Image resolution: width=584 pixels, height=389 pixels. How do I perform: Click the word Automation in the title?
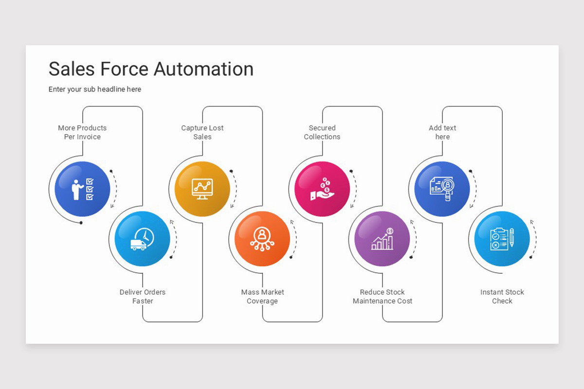point(203,69)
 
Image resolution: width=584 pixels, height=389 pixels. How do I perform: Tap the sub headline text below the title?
point(95,89)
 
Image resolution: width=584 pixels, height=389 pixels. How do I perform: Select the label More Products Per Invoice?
point(82,132)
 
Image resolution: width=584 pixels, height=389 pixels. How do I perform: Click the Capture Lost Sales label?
point(202,132)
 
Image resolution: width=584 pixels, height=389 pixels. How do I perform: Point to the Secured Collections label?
point(322,132)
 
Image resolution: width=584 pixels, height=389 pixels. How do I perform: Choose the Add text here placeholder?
point(442,132)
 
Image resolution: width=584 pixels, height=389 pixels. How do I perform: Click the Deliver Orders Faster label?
point(143,297)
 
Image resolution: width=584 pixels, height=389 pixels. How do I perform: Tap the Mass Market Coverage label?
point(262,297)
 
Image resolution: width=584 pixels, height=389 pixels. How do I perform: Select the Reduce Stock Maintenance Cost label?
point(383,297)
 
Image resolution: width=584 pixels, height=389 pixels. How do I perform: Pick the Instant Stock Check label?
point(502,297)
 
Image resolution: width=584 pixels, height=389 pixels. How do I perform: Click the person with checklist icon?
point(82,190)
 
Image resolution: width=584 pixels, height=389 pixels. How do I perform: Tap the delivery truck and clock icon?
point(142,239)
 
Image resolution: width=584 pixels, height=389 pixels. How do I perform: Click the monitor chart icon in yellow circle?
point(202,189)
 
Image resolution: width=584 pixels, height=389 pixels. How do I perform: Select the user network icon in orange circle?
point(262,239)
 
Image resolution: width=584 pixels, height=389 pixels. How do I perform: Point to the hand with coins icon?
point(322,189)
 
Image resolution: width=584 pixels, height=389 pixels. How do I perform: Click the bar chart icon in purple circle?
point(383,239)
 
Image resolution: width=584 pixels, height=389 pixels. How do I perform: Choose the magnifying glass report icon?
point(442,189)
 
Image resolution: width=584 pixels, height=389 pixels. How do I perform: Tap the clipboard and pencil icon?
point(502,239)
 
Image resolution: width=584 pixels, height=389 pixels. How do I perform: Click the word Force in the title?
point(125,69)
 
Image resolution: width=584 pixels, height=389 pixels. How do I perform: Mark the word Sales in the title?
point(72,69)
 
